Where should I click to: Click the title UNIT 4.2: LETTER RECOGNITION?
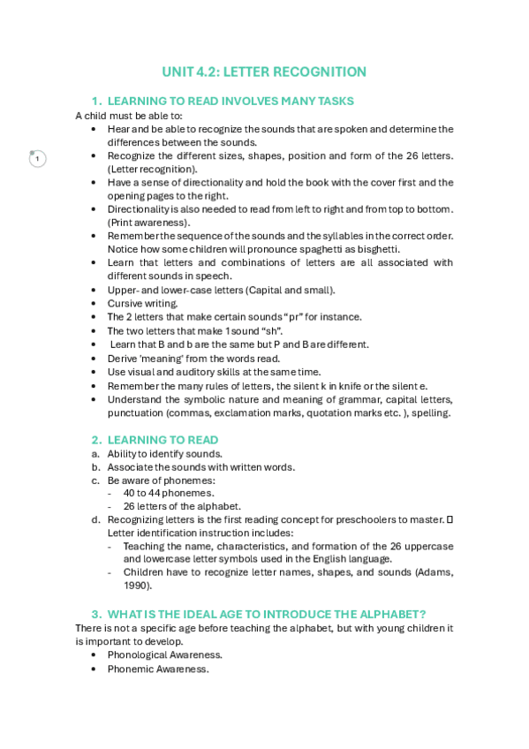pos(264,72)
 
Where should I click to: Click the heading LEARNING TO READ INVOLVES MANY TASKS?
pos(230,101)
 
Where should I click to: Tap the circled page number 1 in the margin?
pos(37,158)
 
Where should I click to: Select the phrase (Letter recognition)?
pos(153,169)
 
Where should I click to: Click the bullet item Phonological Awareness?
pos(164,654)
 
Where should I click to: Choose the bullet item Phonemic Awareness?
pos(157,669)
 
